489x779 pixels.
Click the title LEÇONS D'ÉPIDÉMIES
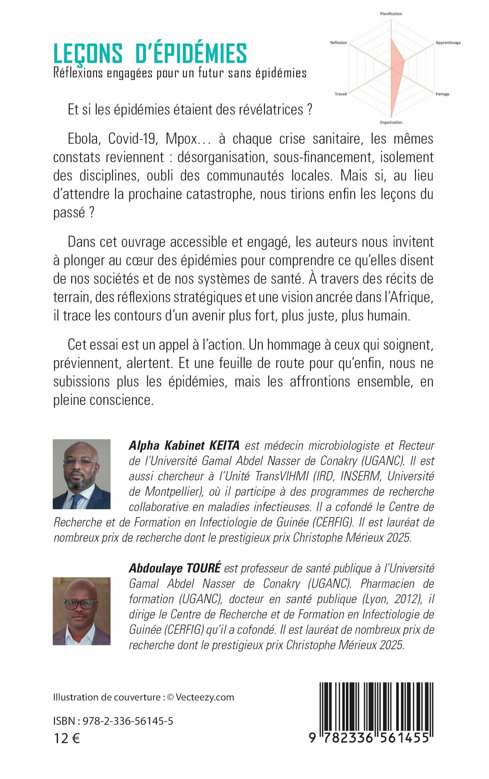(150, 53)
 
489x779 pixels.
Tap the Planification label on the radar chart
(391, 14)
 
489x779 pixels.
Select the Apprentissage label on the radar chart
(448, 43)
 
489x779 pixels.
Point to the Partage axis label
(442, 94)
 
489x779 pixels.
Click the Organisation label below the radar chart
(391, 122)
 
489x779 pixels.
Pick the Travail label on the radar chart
(341, 94)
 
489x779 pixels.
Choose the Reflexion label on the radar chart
(338, 43)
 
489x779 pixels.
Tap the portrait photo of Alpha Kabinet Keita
(81, 474)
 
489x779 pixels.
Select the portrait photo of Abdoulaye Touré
(81, 611)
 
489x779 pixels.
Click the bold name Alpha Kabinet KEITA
(184, 446)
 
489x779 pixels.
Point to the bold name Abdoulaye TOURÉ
(175, 568)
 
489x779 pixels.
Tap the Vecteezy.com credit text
(205, 697)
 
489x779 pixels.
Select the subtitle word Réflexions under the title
(78, 73)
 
